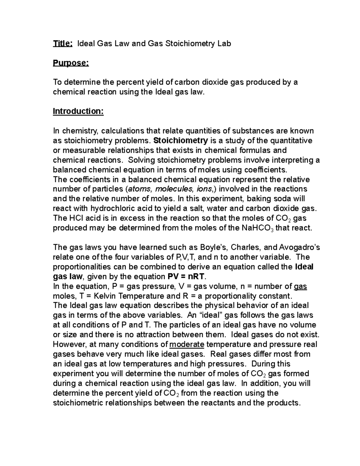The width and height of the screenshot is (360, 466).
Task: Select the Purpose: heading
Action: pos(71,63)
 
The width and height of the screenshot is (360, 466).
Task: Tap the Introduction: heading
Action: pos(78,111)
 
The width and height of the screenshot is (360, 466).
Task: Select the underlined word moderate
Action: pos(187,344)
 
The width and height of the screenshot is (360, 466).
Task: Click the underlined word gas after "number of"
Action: pos(300,286)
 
